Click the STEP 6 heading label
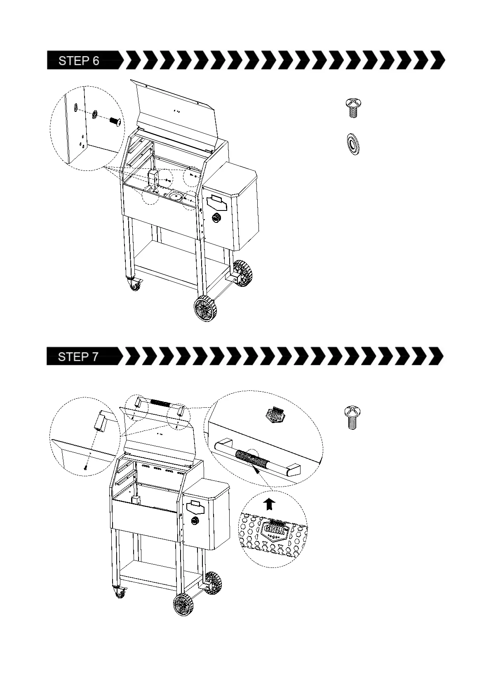coord(79,61)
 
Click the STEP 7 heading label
coord(79,357)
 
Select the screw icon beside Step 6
coord(352,108)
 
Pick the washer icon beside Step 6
coord(353,144)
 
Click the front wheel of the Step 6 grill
coord(205,308)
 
